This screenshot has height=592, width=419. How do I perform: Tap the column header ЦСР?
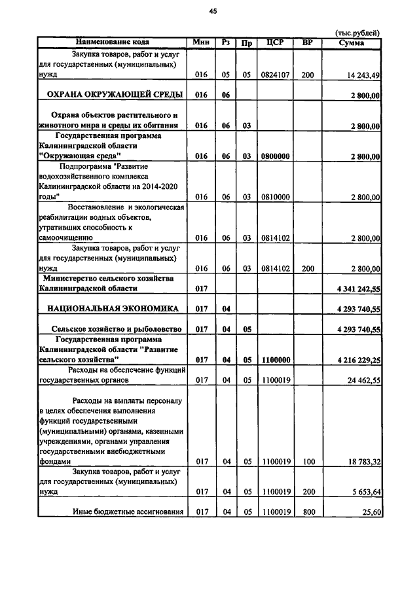[276, 43]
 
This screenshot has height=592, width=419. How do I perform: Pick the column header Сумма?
[352, 43]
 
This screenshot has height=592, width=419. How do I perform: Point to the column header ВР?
[308, 43]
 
